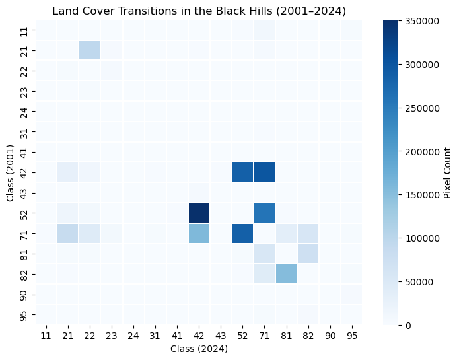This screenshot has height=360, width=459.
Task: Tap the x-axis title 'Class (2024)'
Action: click(199, 349)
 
